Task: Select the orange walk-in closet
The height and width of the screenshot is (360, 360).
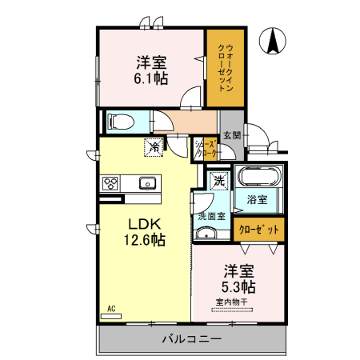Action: [225, 69]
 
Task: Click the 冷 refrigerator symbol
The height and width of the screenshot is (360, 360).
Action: [152, 146]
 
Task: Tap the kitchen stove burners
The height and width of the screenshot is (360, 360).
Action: [111, 183]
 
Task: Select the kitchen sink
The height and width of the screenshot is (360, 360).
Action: [147, 183]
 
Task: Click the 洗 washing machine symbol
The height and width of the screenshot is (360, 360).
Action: [218, 180]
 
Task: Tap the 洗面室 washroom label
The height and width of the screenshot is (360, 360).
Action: [211, 216]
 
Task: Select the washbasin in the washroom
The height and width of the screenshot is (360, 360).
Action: [207, 234]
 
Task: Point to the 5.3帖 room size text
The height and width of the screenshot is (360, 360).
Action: [239, 286]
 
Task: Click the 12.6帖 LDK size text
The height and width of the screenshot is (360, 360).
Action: [143, 238]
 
